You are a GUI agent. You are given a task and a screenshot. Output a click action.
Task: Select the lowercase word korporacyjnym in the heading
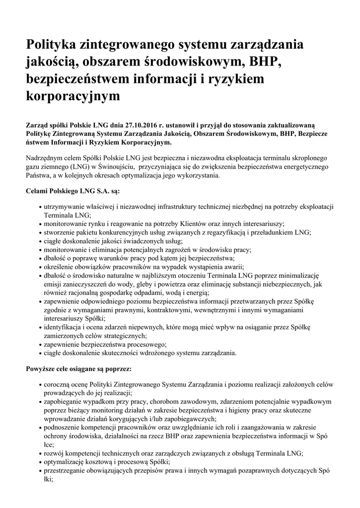click(73, 95)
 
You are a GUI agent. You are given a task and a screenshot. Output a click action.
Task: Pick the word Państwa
click(39, 176)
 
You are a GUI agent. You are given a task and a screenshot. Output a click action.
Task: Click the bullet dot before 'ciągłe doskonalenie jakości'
click(40, 241)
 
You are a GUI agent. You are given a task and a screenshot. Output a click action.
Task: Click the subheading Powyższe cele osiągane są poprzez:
click(78, 370)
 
